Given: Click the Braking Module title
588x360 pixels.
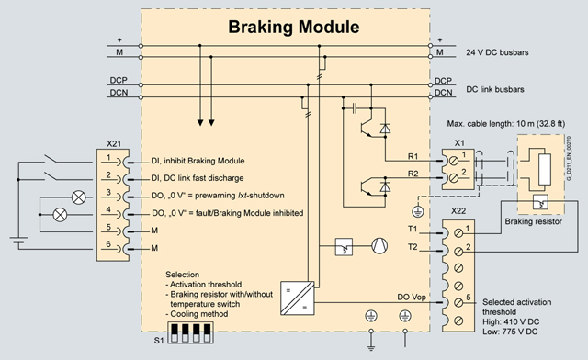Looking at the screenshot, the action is [x=294, y=27].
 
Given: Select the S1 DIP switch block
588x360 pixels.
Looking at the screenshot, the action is [x=190, y=332].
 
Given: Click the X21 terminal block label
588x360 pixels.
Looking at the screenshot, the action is [x=114, y=143].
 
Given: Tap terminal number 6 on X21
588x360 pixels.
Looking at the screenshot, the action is [x=108, y=244].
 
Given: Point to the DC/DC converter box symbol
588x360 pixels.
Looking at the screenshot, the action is [x=298, y=298].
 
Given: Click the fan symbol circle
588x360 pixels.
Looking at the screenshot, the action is [x=379, y=246].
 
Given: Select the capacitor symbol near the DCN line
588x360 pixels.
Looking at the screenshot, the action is [x=355, y=108].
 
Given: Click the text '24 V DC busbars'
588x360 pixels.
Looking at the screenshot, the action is [x=497, y=52].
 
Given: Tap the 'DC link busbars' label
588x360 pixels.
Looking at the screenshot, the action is [x=495, y=89].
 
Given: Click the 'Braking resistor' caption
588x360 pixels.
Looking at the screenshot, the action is [x=533, y=221].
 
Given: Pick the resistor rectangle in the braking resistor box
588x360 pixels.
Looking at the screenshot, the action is [x=545, y=169].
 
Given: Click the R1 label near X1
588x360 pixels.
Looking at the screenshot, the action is [x=413, y=156].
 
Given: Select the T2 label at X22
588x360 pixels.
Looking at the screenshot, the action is [x=413, y=247].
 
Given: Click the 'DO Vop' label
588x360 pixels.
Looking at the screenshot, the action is [x=412, y=297].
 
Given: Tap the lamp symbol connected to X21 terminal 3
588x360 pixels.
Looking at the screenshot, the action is [x=79, y=197].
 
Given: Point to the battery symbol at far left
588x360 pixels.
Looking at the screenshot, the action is [x=18, y=240].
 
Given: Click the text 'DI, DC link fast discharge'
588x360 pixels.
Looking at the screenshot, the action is [x=198, y=178].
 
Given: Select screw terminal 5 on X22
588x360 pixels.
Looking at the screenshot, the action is [x=458, y=303].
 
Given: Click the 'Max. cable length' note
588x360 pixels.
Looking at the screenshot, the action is [x=506, y=124].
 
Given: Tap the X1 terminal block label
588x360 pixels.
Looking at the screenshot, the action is [x=459, y=143].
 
